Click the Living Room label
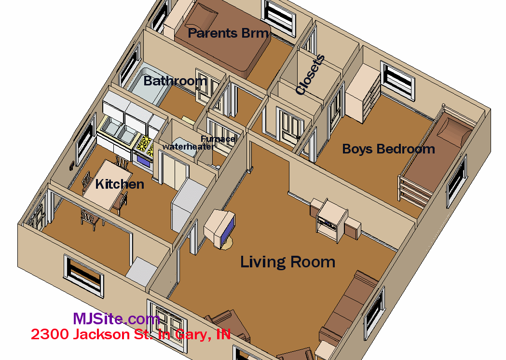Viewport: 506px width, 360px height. click(287, 262)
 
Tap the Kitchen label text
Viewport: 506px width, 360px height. click(120, 184)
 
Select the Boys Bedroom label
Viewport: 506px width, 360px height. click(388, 149)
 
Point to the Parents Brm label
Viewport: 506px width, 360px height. click(228, 33)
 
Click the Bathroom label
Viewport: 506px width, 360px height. click(175, 81)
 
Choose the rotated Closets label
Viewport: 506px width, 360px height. click(310, 75)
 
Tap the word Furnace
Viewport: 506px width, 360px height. click(218, 139)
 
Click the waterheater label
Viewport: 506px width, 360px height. click(188, 147)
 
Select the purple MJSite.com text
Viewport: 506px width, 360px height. click(117, 318)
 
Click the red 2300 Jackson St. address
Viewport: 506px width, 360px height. click(131, 334)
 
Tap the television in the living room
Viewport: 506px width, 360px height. click(220, 228)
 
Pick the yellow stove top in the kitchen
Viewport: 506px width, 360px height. click(144, 145)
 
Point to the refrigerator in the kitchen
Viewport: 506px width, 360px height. click(188, 205)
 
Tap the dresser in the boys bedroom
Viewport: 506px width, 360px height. click(363, 92)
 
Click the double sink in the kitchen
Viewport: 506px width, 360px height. click(118, 131)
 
